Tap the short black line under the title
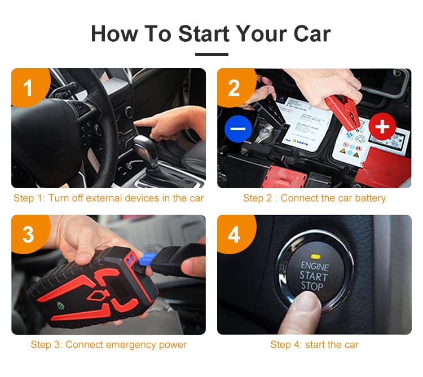point(211,55)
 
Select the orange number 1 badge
point(28,87)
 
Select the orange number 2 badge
point(233,87)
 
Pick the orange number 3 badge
point(28,234)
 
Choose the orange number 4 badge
point(233,234)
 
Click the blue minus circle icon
point(238,128)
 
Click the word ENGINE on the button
point(314,265)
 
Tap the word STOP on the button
point(312,287)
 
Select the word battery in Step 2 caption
point(369,198)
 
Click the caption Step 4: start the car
point(314,344)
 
